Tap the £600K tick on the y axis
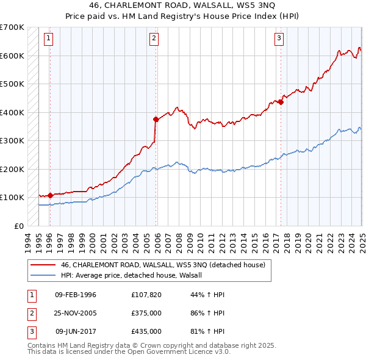[12, 56]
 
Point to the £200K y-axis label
[12, 169]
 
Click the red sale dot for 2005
[156, 120]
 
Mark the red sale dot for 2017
[281, 103]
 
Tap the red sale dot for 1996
[50, 195]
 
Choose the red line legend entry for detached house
[163, 265]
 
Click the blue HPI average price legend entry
[135, 275]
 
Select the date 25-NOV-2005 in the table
[76, 313]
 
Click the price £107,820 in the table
[146, 295]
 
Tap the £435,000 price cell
[146, 331]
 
